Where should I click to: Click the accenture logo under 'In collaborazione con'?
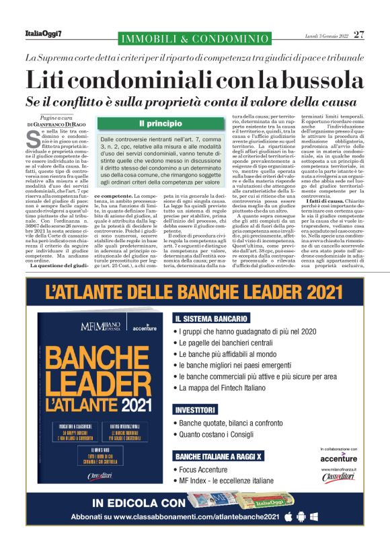(340, 458)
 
